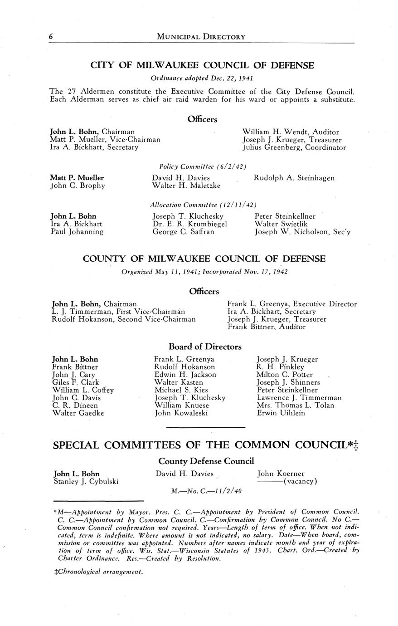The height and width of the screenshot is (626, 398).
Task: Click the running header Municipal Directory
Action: [201, 37]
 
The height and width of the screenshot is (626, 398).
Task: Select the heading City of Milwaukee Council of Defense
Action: [202, 65]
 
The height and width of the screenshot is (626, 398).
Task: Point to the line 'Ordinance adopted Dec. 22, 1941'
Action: [202, 78]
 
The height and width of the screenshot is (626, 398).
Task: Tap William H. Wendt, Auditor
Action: [291, 132]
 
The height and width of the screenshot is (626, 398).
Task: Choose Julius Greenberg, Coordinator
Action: [294, 147]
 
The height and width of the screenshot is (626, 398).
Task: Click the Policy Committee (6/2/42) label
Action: [203, 166]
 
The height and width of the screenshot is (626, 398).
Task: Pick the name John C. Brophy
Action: [78, 186]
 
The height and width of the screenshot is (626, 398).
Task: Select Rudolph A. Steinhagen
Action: [294, 178]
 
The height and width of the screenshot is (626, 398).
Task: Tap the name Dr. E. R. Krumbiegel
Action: [189, 224]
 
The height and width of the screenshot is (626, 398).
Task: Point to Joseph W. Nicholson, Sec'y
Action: [302, 232]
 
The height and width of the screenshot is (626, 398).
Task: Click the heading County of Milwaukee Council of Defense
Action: [204, 259]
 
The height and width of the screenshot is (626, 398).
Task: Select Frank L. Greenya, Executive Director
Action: [292, 304]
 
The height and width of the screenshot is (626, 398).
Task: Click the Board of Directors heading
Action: [205, 347]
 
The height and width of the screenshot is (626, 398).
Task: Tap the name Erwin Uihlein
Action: [281, 413]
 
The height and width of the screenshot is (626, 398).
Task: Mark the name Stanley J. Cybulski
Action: [86, 481]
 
